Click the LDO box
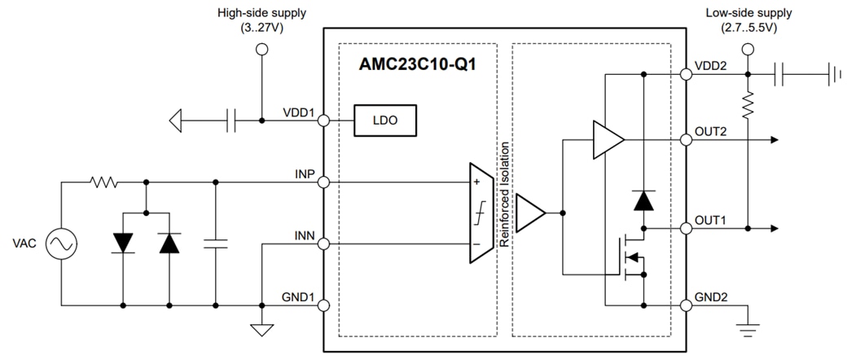point(385,121)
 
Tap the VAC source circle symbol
point(61,244)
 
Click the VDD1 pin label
point(299,112)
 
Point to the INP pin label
point(305,173)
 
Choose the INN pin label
point(305,235)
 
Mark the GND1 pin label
point(298,296)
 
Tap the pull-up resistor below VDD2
point(747,103)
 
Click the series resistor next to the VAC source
point(103,182)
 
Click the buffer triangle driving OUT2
point(607,140)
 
